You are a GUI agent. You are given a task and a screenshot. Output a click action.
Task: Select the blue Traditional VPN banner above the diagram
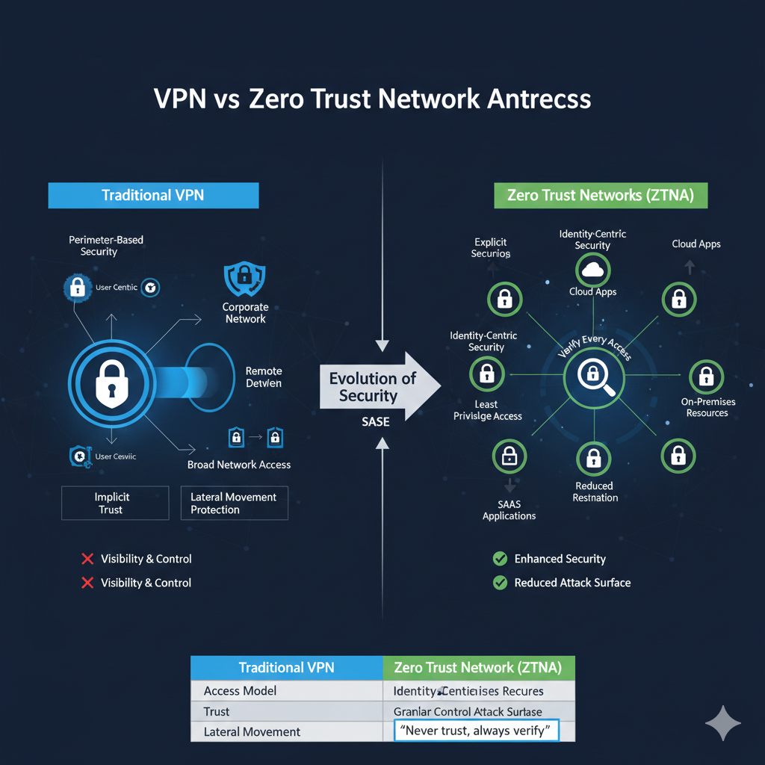(x=153, y=196)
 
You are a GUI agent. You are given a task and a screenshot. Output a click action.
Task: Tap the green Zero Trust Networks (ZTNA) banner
(x=601, y=196)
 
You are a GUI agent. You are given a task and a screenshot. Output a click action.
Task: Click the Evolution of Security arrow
(x=377, y=387)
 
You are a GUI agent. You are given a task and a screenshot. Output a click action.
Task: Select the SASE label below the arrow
(x=375, y=422)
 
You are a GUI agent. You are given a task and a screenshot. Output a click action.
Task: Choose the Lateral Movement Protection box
(x=234, y=503)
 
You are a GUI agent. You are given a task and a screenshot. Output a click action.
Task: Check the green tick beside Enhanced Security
(x=501, y=559)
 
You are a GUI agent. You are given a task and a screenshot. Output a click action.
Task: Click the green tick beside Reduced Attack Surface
(x=501, y=583)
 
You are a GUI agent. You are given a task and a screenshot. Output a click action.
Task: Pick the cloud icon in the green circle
(x=593, y=270)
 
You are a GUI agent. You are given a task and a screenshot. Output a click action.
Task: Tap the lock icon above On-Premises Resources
(x=706, y=378)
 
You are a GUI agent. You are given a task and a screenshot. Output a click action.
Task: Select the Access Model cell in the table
(x=240, y=691)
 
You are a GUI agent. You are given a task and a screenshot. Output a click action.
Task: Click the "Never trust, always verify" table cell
(x=476, y=731)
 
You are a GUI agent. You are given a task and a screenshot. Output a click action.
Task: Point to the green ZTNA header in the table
(x=478, y=667)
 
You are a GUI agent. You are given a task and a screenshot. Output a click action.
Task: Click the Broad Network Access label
(x=239, y=465)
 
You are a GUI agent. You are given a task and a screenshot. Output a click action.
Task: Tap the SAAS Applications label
(x=509, y=510)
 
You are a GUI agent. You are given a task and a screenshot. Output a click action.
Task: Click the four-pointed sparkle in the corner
(x=723, y=723)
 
